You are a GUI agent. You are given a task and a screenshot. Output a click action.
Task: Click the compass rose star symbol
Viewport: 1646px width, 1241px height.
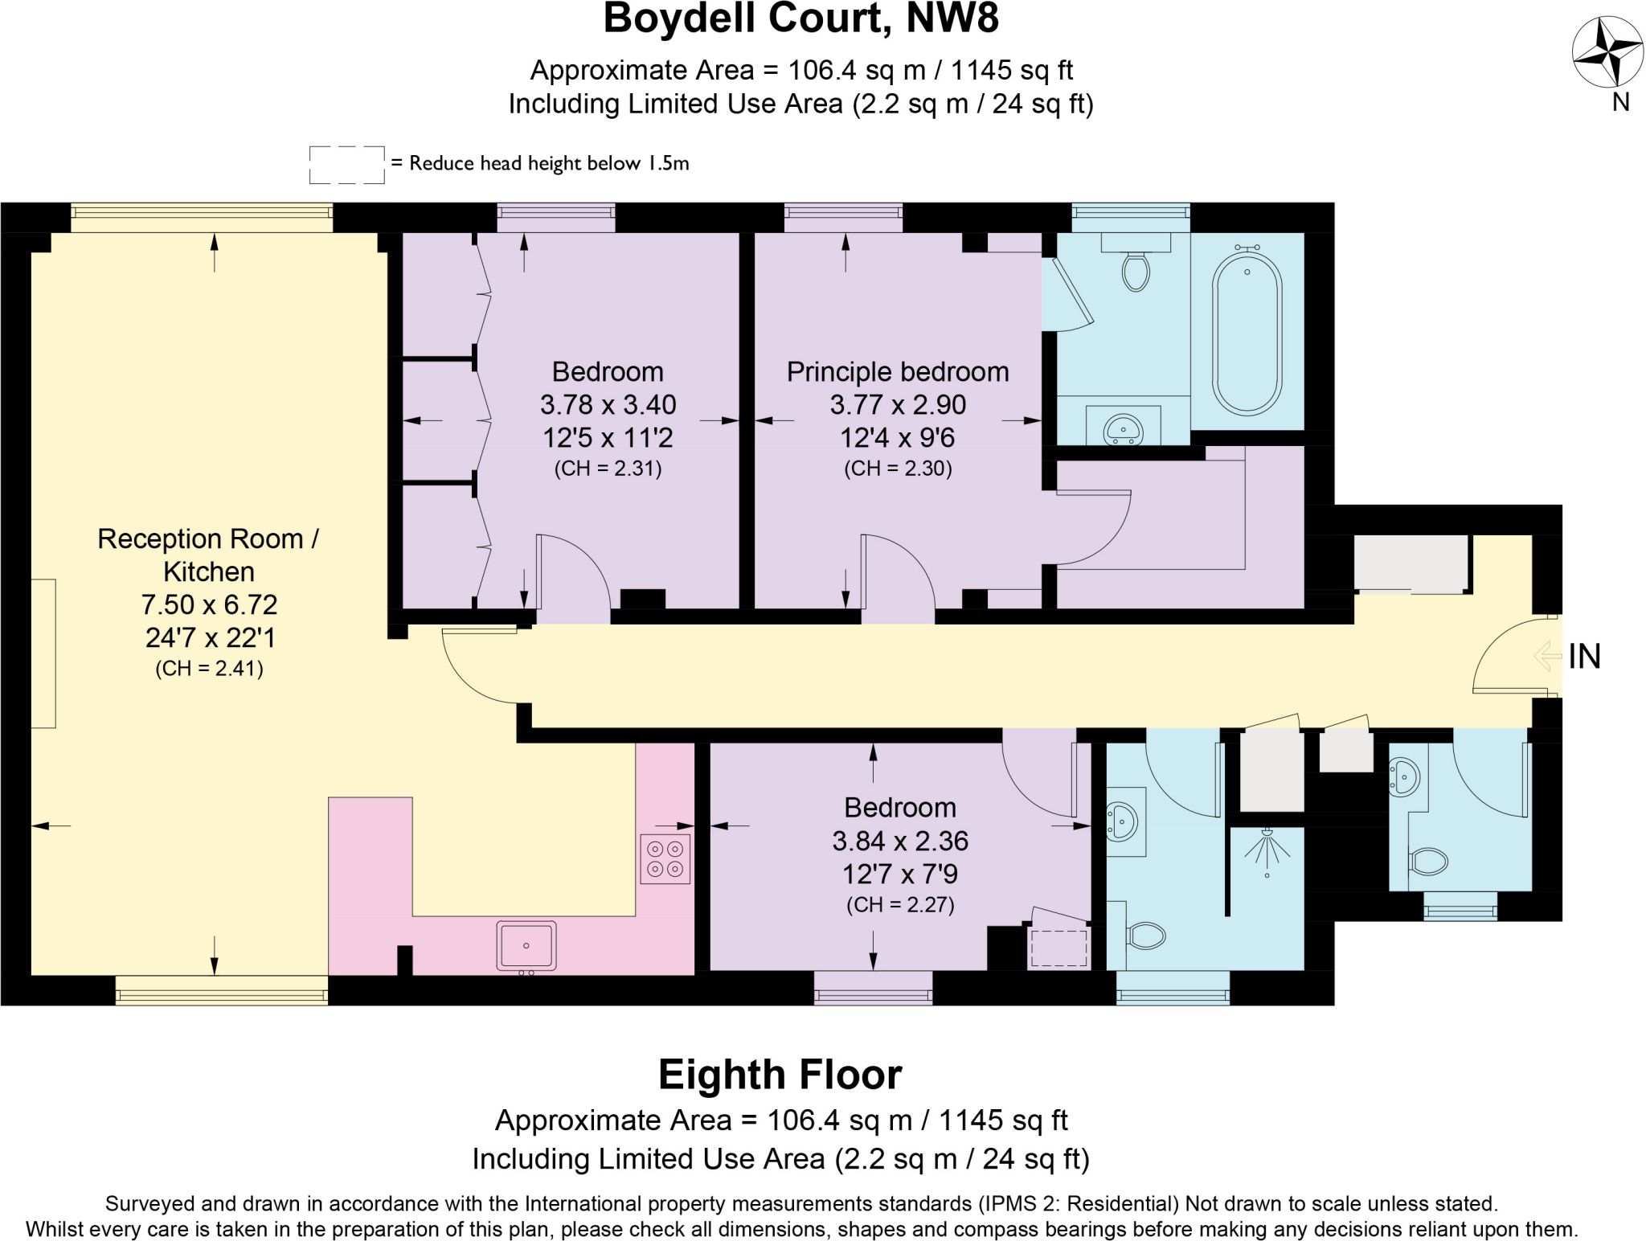[x=1607, y=52]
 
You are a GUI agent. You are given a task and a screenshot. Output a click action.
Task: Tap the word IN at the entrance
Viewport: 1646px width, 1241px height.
[x=1585, y=657]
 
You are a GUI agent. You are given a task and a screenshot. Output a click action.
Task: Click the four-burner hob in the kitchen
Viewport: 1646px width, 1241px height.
[x=665, y=859]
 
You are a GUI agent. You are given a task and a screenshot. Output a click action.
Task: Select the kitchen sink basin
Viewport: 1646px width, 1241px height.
[x=526, y=945]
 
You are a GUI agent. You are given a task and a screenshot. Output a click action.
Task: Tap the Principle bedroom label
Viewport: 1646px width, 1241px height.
[x=898, y=372]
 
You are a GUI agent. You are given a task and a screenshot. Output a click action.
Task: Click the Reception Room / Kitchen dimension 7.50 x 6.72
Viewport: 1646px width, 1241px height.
[x=209, y=604]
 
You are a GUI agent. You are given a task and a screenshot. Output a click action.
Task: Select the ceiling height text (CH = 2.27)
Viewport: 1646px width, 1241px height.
[x=900, y=905]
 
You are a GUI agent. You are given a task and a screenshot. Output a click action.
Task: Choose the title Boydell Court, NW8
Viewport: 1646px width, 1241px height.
[x=801, y=19]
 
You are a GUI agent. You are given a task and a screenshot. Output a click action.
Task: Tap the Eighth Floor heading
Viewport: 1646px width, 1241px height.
[x=780, y=1075]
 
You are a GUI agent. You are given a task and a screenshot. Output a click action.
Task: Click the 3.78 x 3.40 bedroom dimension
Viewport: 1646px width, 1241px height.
[x=608, y=404]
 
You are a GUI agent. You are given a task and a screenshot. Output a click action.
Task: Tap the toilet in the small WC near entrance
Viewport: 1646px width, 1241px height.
[x=1428, y=862]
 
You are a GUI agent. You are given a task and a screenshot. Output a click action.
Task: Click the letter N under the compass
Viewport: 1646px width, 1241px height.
[x=1621, y=102]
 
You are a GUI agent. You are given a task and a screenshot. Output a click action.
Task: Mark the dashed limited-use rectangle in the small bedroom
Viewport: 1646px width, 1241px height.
[x=1059, y=948]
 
